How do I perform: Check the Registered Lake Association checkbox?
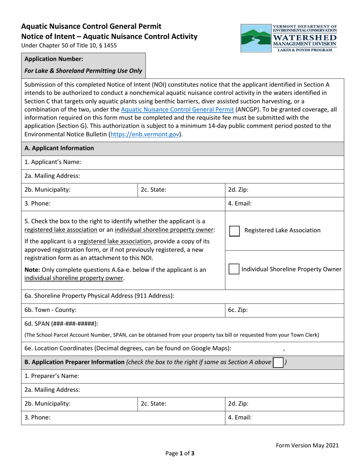235,231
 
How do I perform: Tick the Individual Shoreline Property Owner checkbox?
234,269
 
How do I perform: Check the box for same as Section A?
278,363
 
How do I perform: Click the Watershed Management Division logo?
289,38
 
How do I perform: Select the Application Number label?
54,59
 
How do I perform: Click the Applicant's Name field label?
53,162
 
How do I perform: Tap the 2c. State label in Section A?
153,190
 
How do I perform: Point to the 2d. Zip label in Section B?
238,404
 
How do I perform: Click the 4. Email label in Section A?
239,203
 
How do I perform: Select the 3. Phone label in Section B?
38,418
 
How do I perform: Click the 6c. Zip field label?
238,310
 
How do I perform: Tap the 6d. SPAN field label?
61,324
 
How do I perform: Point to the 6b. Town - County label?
50,310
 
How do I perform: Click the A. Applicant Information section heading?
59,148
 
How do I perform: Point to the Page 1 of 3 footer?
180,453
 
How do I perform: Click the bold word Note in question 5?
31,270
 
